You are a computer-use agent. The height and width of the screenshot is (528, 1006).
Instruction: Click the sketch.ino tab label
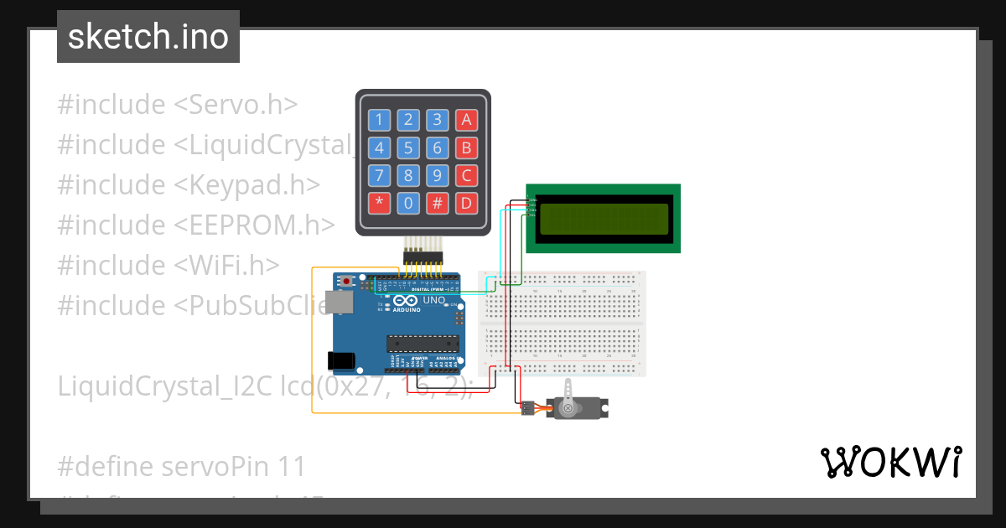click(x=148, y=37)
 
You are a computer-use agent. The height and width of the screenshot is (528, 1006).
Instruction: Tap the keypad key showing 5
click(x=408, y=148)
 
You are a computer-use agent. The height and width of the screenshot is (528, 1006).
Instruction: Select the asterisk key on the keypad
click(x=380, y=203)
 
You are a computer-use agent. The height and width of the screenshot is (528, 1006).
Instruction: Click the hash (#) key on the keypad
click(x=437, y=203)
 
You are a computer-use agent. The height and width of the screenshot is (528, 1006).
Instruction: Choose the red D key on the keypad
click(x=466, y=203)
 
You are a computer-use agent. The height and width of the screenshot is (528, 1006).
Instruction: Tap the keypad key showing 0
click(x=408, y=203)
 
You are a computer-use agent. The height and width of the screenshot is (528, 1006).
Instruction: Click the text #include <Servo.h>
click(x=178, y=105)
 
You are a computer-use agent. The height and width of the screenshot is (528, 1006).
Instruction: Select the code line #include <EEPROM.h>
click(x=196, y=225)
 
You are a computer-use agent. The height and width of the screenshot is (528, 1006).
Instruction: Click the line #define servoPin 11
click(x=182, y=466)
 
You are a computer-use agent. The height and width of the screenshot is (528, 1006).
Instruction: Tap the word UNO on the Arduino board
click(x=434, y=300)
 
